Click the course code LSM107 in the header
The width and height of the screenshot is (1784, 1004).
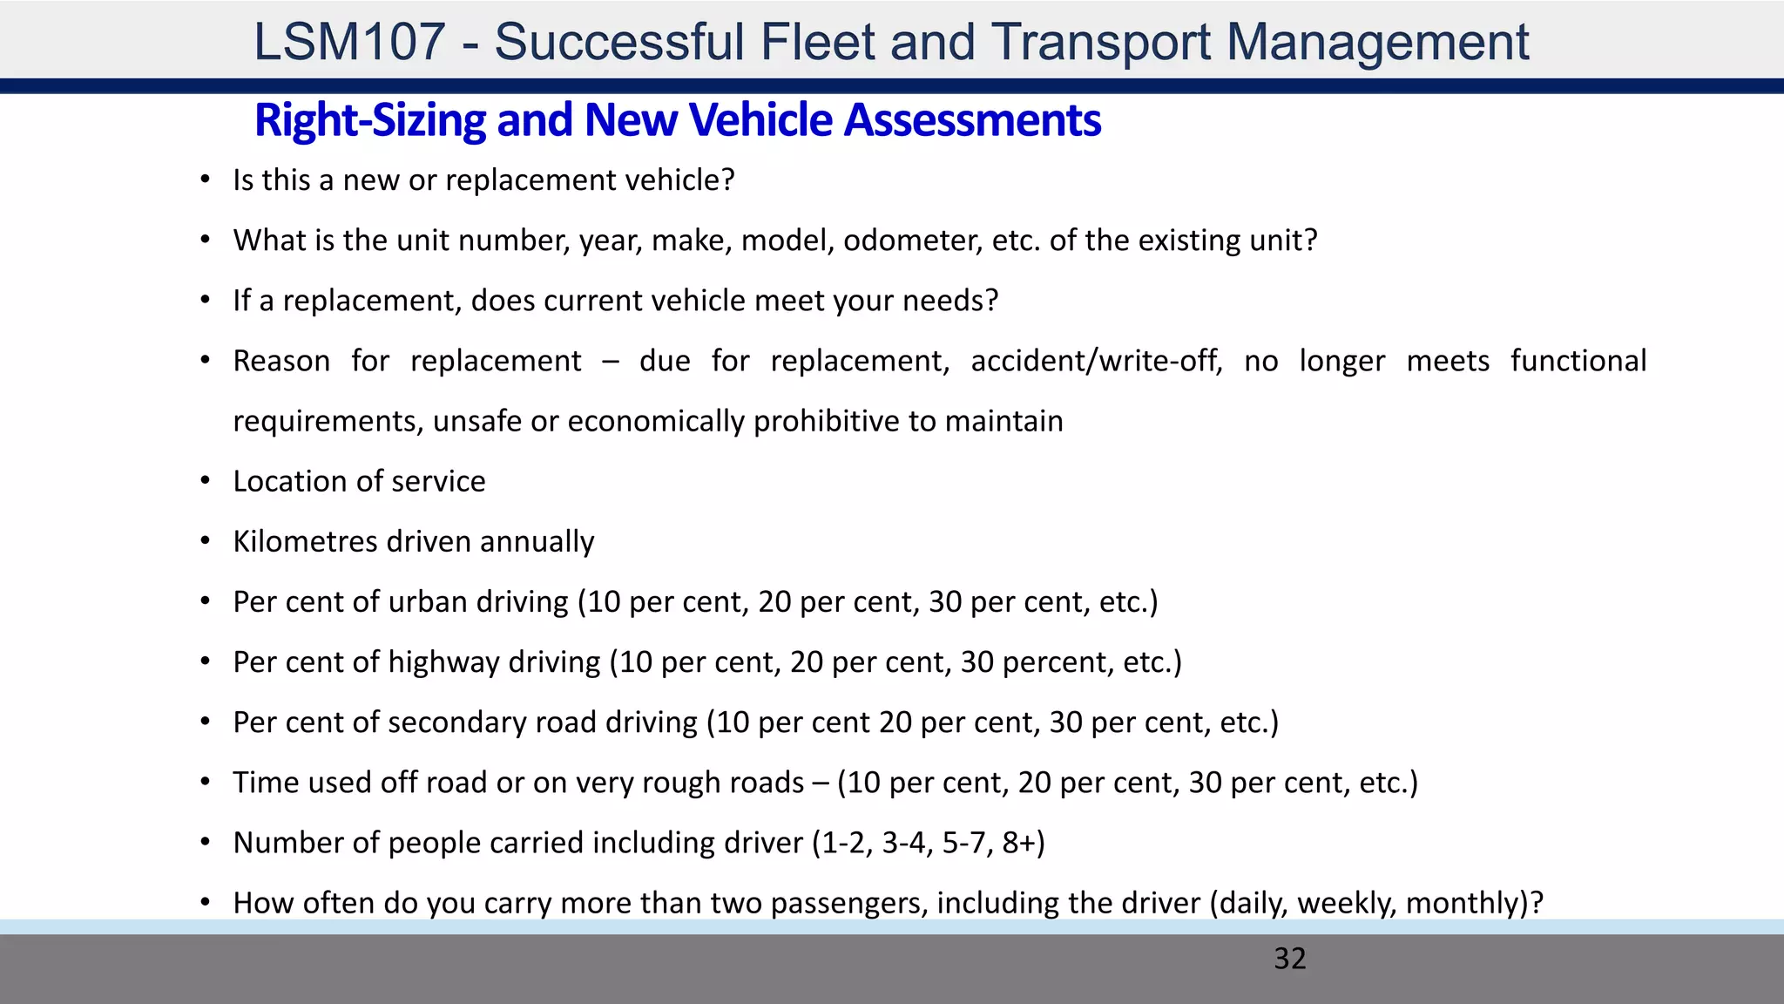point(349,42)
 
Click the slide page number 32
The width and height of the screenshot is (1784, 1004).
point(1290,959)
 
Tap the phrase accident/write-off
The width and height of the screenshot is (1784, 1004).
point(1097,361)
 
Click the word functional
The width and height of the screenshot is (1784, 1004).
point(1578,361)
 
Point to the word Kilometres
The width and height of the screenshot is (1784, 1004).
point(305,542)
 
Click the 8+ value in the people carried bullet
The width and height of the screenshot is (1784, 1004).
point(1023,843)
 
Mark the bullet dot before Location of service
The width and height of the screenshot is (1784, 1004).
point(206,481)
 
